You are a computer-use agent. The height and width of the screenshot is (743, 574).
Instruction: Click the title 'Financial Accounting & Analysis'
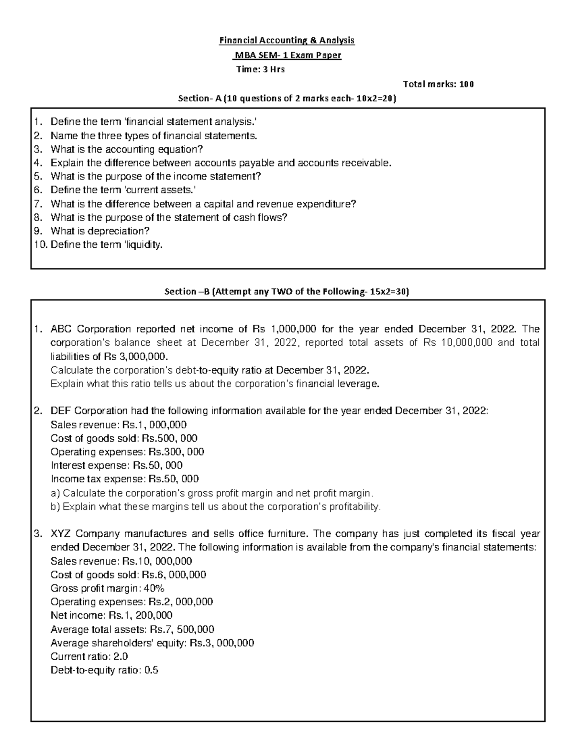[x=287, y=40]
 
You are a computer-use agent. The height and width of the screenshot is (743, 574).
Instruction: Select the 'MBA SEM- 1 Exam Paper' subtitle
[x=287, y=55]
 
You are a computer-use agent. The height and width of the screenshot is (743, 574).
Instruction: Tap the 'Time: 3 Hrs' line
[x=261, y=69]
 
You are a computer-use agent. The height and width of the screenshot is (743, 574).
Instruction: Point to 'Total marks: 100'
[x=439, y=84]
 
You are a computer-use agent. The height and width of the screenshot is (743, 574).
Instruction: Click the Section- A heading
[x=287, y=99]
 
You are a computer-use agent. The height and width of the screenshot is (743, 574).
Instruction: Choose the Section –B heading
[x=287, y=291]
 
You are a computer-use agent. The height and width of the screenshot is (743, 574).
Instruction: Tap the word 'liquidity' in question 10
[x=143, y=245]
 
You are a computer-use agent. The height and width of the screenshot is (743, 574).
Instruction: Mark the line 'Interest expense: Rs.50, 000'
[x=117, y=466]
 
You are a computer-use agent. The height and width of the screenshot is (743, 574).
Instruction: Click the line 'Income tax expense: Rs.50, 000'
[x=124, y=479]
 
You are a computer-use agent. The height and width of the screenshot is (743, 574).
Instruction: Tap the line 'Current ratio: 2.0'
[x=89, y=656]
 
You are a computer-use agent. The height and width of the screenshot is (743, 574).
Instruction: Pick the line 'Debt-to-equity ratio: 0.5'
[x=104, y=670]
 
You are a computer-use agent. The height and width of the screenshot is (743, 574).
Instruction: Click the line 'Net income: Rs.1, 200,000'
[x=111, y=615]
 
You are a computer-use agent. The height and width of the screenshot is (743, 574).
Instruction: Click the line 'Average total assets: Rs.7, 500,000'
[x=132, y=629]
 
